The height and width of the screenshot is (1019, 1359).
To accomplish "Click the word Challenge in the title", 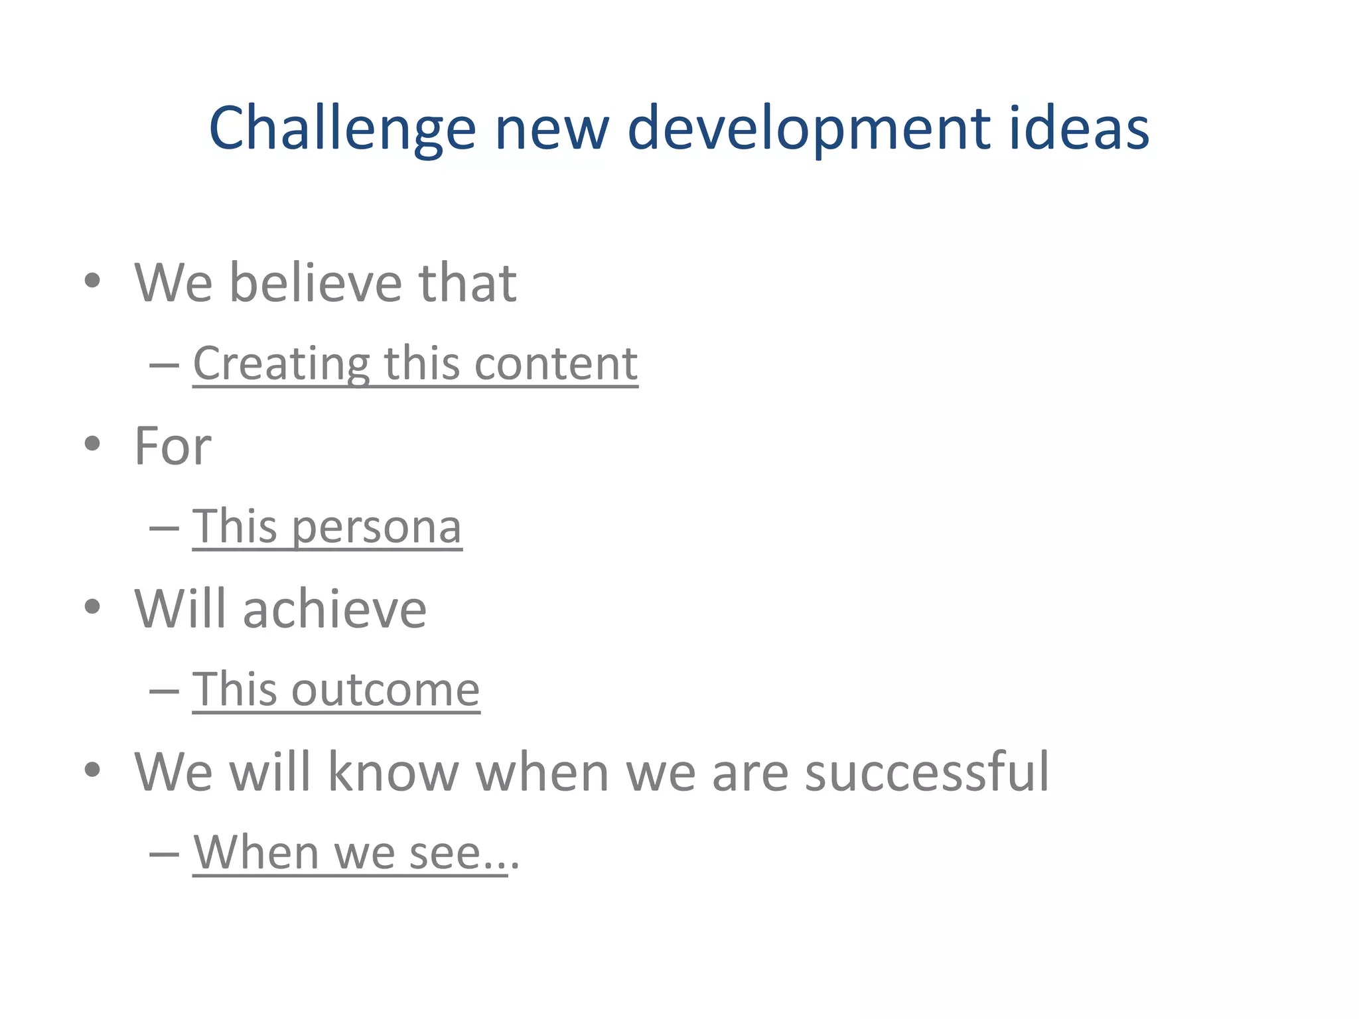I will click(x=342, y=128).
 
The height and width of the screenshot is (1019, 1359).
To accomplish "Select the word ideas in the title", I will click(x=1080, y=128).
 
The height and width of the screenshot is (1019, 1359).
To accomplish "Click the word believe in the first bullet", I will click(x=315, y=283).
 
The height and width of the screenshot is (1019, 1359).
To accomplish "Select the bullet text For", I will click(x=173, y=446).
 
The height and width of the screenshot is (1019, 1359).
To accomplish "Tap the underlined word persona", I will click(x=376, y=527).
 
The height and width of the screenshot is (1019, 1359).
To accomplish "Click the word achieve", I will click(x=334, y=609).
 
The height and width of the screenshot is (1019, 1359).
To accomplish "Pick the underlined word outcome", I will click(x=385, y=690).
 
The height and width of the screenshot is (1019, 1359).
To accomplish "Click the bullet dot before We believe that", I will click(x=92, y=281).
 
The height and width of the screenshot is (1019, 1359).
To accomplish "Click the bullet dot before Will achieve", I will click(x=92, y=606).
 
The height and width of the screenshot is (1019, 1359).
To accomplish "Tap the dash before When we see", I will click(x=164, y=854).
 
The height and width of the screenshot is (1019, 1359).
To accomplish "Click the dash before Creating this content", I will click(x=164, y=365).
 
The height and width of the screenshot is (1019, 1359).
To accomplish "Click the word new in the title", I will click(x=551, y=128).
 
